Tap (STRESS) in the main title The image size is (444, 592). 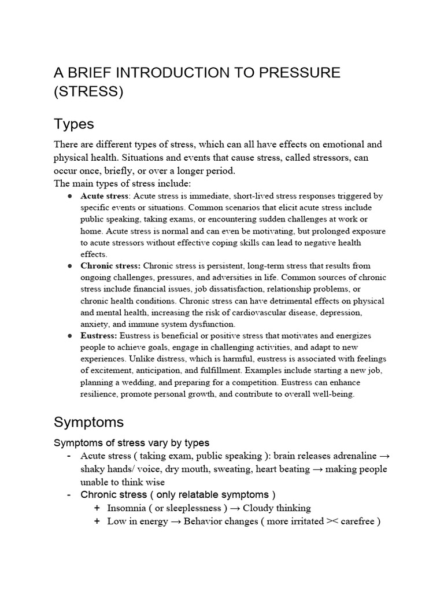[88, 92]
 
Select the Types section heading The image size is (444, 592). [74, 124]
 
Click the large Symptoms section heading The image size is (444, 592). [88, 422]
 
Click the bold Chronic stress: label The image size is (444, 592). [110, 266]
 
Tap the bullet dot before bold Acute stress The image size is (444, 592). [69, 196]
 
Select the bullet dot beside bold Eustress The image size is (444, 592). [69, 336]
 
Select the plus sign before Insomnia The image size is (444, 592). [96, 508]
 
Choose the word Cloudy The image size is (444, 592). [259, 508]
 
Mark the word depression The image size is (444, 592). [342, 313]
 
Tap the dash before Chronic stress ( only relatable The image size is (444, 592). [69, 495]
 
